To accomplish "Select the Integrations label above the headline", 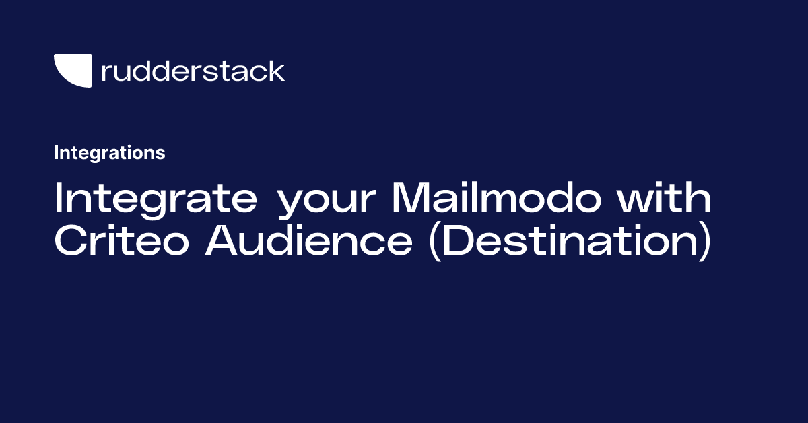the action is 110,153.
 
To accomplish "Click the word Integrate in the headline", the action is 156,199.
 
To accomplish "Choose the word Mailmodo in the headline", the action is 497,196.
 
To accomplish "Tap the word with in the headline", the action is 664,196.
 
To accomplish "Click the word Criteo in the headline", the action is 122,240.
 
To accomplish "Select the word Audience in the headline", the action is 309,240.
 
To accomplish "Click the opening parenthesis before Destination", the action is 435,242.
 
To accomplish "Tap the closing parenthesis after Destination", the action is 706,242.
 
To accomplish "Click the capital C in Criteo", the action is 71,240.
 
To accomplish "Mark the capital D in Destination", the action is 458,240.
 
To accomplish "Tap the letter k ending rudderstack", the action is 276,70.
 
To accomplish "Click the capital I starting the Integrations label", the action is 57,153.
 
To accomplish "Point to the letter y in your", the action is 292,204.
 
